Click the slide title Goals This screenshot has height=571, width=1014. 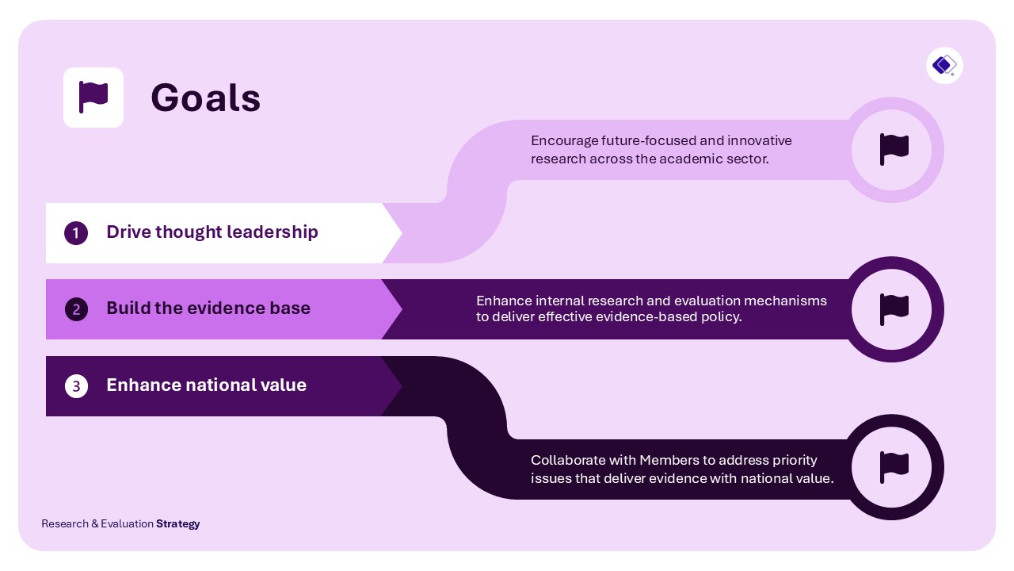(x=205, y=98)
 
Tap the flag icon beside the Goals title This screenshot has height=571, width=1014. (x=93, y=98)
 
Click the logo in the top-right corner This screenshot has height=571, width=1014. (x=944, y=65)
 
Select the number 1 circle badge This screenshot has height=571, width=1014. (x=76, y=233)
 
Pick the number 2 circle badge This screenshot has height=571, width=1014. (x=76, y=309)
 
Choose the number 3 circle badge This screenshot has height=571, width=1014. (x=76, y=386)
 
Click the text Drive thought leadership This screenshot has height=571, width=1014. (x=212, y=232)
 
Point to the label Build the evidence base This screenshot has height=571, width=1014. (x=208, y=308)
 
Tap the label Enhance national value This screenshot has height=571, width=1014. (x=206, y=385)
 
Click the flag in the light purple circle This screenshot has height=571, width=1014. (x=894, y=149)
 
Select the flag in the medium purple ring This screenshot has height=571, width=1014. (x=894, y=308)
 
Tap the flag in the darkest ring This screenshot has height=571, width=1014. (x=894, y=467)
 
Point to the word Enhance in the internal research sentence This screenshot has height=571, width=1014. (x=504, y=301)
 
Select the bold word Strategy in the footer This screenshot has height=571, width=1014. (x=178, y=523)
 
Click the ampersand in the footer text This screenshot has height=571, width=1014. (x=95, y=523)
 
